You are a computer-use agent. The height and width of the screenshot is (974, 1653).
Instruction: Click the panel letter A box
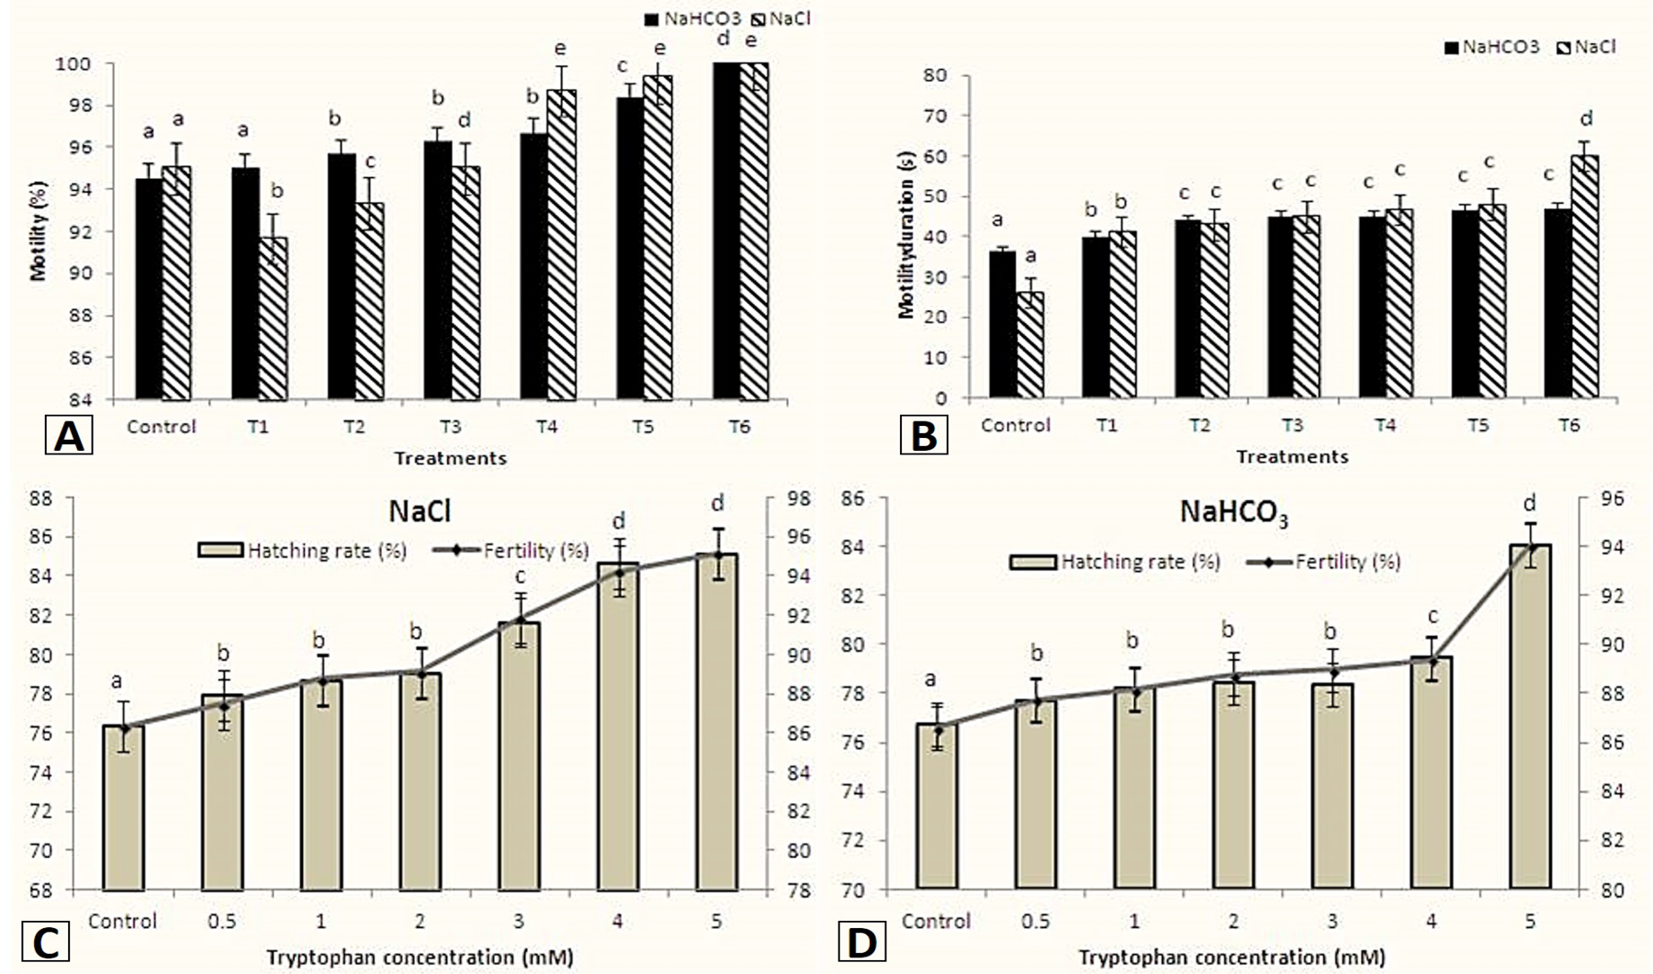click(69, 436)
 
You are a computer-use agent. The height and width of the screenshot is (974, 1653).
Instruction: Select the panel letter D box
click(861, 943)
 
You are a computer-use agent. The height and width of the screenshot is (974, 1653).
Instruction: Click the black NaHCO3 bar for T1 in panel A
click(245, 284)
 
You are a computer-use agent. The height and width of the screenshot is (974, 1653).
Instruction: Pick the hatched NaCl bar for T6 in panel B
click(1584, 277)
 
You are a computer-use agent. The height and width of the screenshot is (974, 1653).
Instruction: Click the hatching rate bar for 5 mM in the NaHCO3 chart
click(1530, 717)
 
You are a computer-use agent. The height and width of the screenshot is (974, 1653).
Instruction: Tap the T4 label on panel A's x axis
click(545, 427)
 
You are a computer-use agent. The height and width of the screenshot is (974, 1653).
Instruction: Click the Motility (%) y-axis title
click(38, 231)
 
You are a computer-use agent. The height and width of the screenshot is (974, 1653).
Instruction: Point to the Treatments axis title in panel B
click(1292, 456)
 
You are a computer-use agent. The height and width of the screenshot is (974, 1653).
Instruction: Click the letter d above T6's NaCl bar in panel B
click(1585, 118)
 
